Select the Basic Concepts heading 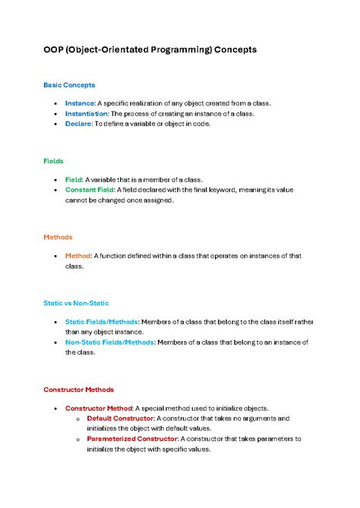tap(69, 85)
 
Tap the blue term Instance tap(80, 103)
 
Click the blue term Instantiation tap(87, 113)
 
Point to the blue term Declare tap(78, 124)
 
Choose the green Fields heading tap(53, 161)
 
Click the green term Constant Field tap(90, 190)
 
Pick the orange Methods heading tap(58, 237)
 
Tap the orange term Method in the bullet tap(78, 256)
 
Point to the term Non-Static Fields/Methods tap(110, 342)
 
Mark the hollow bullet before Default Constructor tap(79, 419)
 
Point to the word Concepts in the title tap(235, 49)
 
